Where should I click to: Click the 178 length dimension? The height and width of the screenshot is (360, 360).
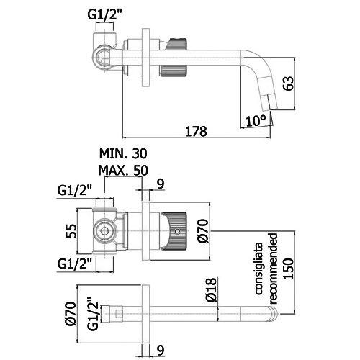tap(196, 131)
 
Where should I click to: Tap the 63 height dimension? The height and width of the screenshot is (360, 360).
tap(289, 84)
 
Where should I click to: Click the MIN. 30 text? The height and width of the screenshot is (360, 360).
tap(123, 153)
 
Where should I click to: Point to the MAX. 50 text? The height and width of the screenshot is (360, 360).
tap(123, 170)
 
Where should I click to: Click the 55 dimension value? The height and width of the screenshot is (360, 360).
tap(71, 231)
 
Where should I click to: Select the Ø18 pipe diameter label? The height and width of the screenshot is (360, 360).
tap(211, 289)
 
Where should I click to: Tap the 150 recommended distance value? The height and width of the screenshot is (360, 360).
tap(289, 269)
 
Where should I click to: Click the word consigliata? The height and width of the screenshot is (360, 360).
tap(258, 269)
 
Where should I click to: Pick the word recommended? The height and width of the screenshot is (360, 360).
tap(273, 269)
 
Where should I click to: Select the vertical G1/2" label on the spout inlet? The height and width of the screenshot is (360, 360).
tap(93, 314)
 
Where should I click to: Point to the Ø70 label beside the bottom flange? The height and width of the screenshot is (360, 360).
tap(71, 314)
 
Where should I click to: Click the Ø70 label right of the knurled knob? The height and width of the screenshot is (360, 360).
tap(203, 230)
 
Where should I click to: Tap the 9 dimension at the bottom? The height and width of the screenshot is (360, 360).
tap(161, 350)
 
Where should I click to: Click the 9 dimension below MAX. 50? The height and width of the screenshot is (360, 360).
tap(161, 184)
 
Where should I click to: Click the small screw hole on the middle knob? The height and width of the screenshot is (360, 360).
tap(177, 231)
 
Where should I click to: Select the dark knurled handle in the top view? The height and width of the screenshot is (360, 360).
tap(174, 58)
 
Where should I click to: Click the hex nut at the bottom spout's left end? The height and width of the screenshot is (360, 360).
tap(116, 314)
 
